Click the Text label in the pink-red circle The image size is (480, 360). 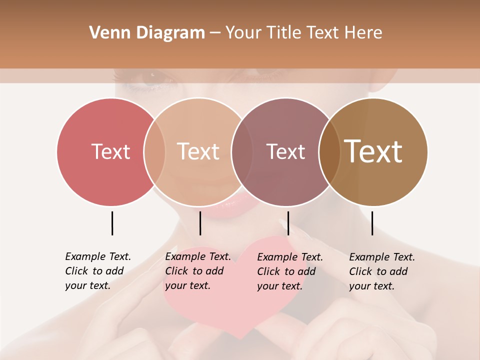point(110,151)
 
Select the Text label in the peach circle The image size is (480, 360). point(198,151)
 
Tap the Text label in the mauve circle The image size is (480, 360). point(285,151)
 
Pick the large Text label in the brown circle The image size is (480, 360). point(373,151)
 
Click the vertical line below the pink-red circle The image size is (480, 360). point(112,223)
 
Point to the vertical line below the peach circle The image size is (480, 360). point(200,223)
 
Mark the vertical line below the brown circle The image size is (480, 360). point(372,223)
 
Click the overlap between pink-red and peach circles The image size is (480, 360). point(154,151)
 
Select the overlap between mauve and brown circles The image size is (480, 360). point(329,151)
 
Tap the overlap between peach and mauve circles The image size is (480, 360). point(241,151)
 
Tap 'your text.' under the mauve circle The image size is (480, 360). point(279,286)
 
